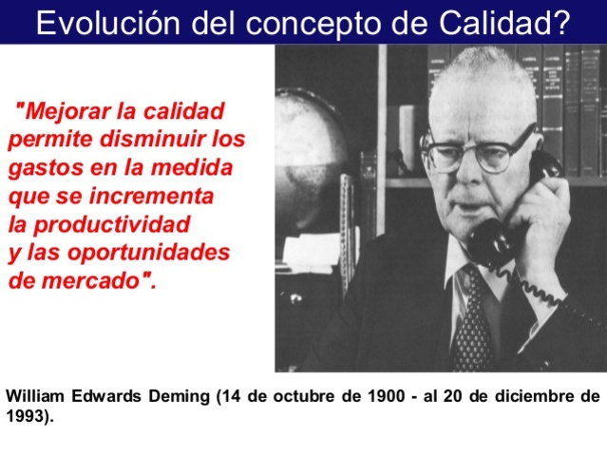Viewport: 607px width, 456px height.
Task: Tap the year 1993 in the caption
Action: pyautogui.click(x=25, y=414)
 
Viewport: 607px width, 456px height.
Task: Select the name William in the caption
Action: pyautogui.click(x=36, y=396)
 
